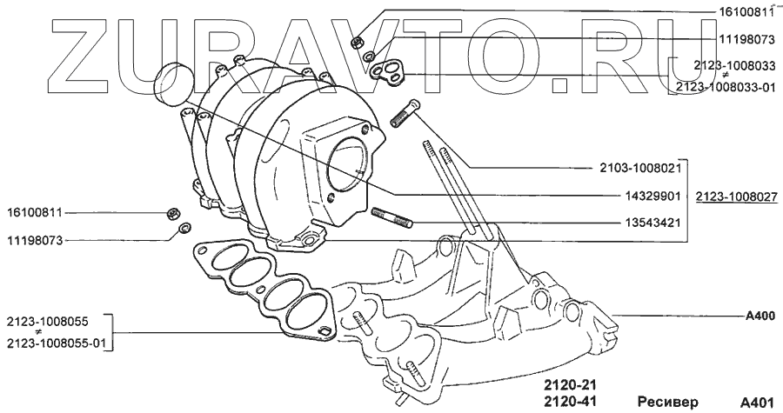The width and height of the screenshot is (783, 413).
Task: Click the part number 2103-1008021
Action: click(x=640, y=169)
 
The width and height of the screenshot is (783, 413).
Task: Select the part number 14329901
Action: click(x=653, y=196)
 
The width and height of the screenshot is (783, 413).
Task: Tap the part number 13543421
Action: click(x=653, y=223)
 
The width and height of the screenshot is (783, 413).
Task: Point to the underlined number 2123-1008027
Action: click(x=737, y=197)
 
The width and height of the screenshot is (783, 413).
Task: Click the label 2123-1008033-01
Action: click(x=726, y=87)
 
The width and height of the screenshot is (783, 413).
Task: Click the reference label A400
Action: click(x=760, y=316)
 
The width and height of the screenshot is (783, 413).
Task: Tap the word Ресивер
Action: click(x=668, y=403)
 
